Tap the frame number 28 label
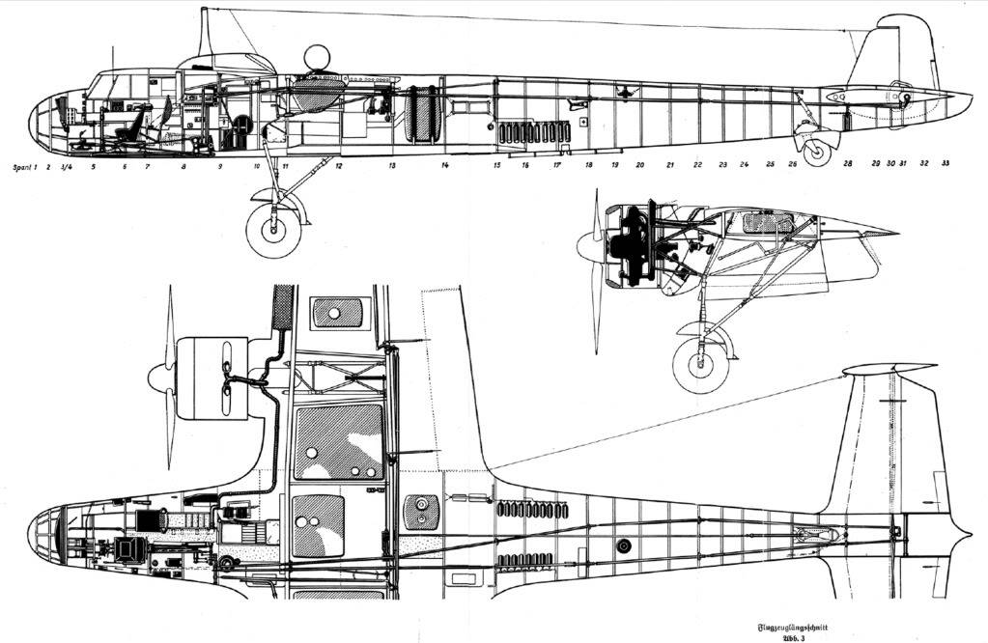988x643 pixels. pyautogui.click(x=848, y=164)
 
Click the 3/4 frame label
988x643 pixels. pyautogui.click(x=66, y=166)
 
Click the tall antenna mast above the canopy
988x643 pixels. pyautogui.click(x=205, y=34)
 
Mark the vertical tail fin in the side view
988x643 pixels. pyautogui.click(x=898, y=53)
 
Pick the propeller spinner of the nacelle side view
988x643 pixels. pyautogui.click(x=585, y=247)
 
